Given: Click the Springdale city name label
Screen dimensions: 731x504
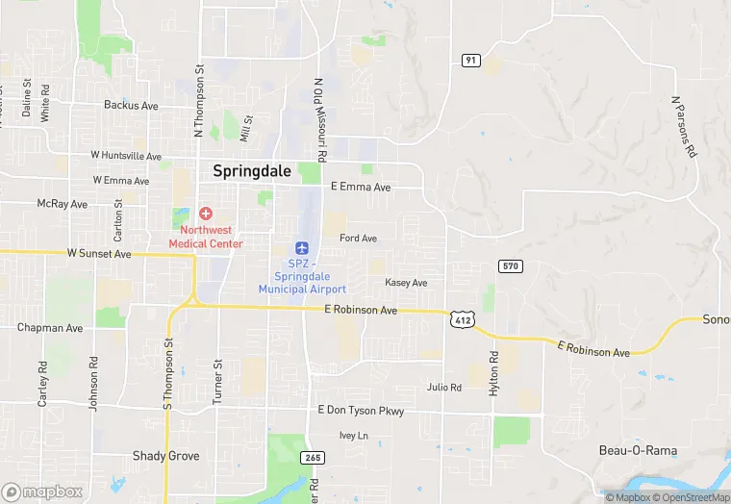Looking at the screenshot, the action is click(252, 171).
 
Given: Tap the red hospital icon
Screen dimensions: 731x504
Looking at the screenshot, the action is click(206, 213).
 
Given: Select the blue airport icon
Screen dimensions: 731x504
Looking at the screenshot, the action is click(302, 248).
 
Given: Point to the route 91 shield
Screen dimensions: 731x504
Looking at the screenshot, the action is click(470, 60).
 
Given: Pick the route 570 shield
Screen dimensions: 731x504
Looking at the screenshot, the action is click(510, 265).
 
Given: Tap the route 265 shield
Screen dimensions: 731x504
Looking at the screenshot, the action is click(311, 457).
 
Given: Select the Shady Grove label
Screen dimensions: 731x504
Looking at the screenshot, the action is click(165, 456).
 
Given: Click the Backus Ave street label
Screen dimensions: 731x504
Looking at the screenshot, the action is click(131, 105).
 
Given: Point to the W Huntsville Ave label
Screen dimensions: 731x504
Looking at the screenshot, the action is click(126, 155).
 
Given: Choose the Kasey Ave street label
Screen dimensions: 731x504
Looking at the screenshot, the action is click(406, 283).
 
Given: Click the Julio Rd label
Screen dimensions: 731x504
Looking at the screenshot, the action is click(444, 388).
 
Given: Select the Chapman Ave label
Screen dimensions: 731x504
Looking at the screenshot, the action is click(50, 328).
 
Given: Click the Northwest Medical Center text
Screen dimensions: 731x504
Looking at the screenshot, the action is click(206, 237).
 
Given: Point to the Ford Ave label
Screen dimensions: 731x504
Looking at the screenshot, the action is click(358, 239).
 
